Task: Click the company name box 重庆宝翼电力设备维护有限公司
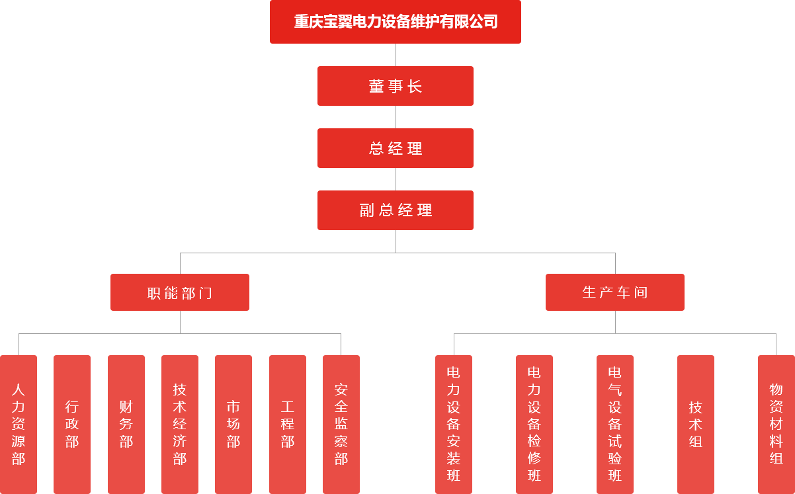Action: click(395, 22)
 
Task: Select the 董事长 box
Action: click(395, 86)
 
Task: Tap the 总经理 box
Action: click(395, 148)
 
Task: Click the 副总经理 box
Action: click(395, 210)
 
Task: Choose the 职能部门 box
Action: click(179, 292)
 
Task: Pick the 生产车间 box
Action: click(614, 292)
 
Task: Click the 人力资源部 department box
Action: click(19, 424)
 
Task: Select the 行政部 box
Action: click(72, 424)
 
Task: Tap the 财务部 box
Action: click(126, 424)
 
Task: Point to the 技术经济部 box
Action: click(180, 424)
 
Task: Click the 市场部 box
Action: click(233, 424)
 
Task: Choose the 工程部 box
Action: click(288, 424)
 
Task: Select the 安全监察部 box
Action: click(341, 424)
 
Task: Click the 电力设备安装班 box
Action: click(454, 424)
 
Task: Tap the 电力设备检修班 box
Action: click(534, 424)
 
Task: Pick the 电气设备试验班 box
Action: click(615, 424)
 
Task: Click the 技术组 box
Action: click(696, 424)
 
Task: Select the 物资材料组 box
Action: click(776, 424)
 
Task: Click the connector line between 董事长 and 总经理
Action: click(396, 117)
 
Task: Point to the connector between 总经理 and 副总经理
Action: click(396, 179)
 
